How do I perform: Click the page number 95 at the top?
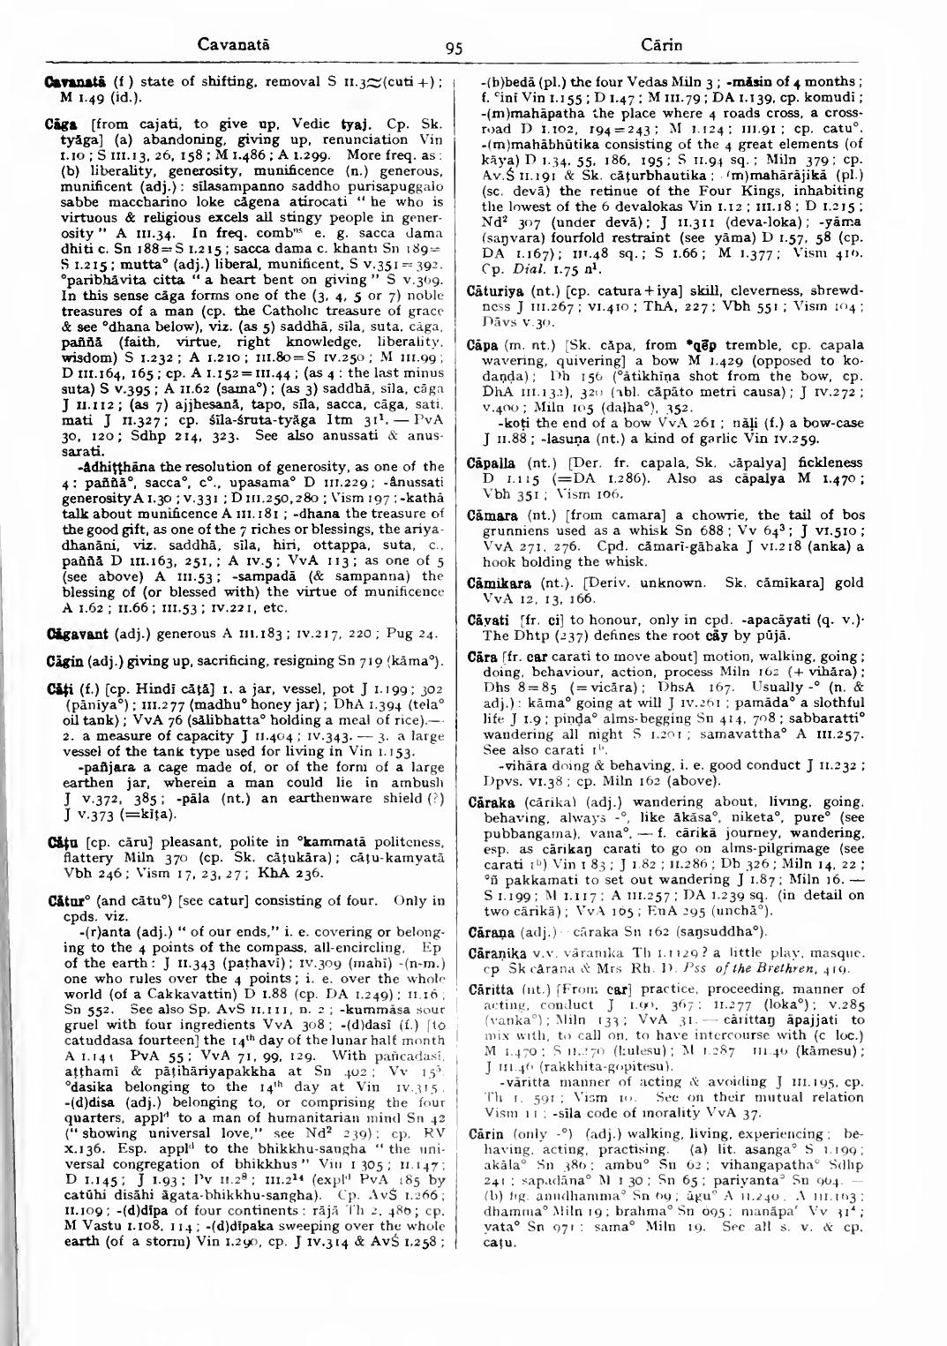pos(455,73)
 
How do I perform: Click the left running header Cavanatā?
pos(233,44)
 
